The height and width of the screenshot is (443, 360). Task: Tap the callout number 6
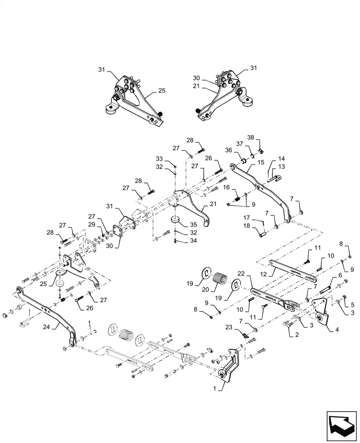point(340,275)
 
